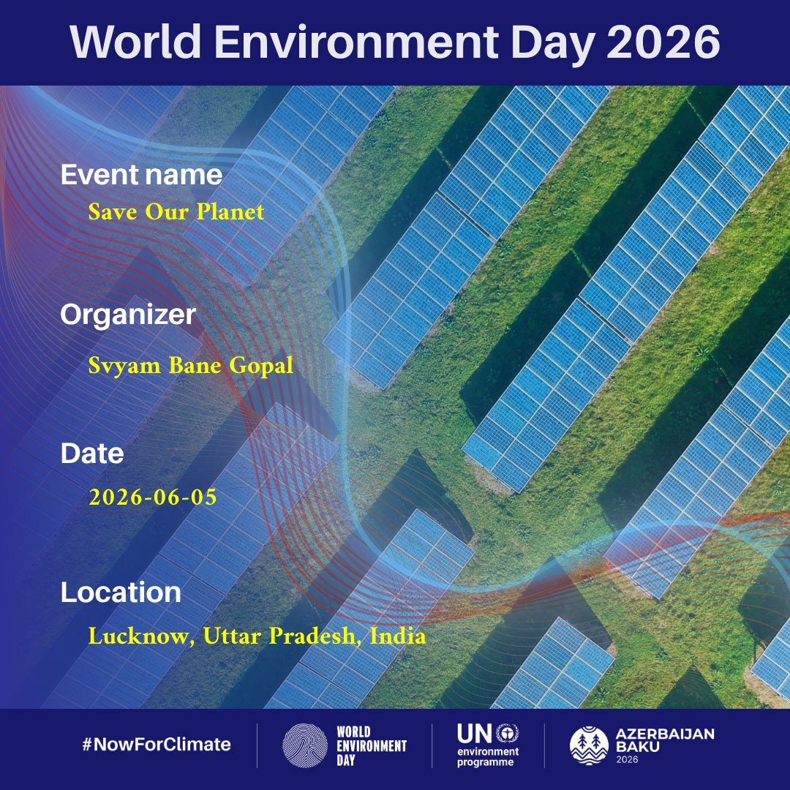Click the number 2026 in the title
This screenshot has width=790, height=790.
pyautogui.click(x=663, y=41)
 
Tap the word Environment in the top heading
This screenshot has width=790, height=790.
pyautogui.click(x=357, y=41)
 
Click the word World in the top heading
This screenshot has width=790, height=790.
pyautogui.click(x=135, y=41)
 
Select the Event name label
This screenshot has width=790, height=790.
pyautogui.click(x=141, y=175)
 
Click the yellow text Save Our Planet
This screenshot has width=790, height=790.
pyautogui.click(x=176, y=211)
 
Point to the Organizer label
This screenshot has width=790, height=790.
pyautogui.click(x=127, y=315)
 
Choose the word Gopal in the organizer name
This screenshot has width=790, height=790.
pyautogui.click(x=261, y=366)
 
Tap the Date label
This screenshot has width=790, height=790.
pyautogui.click(x=92, y=454)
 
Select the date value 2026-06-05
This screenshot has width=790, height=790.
pyautogui.click(x=153, y=497)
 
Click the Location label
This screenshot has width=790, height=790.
pyautogui.click(x=121, y=592)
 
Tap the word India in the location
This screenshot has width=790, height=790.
pyautogui.click(x=397, y=636)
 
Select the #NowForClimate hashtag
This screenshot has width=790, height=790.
pyautogui.click(x=157, y=745)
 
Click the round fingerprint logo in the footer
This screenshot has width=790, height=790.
pyautogui.click(x=305, y=745)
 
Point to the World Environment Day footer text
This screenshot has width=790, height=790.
pyautogui.click(x=372, y=745)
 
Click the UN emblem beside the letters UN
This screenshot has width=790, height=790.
pyautogui.click(x=508, y=733)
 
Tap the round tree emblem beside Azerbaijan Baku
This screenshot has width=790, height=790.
pyautogui.click(x=589, y=745)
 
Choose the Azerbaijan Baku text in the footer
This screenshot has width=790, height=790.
pyautogui.click(x=664, y=740)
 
